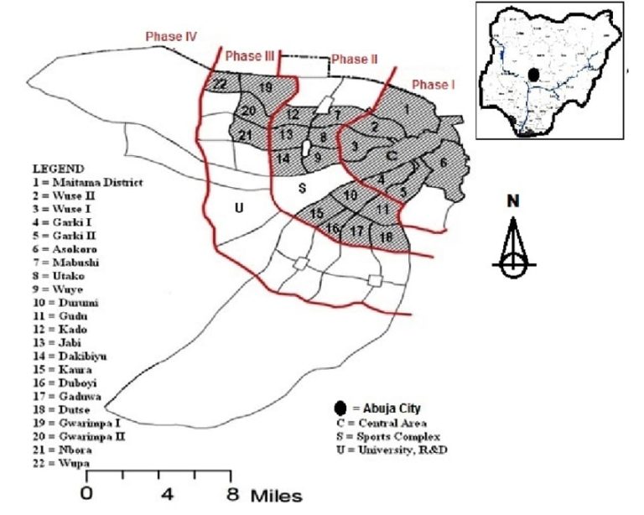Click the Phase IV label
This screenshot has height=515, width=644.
pos(171,37)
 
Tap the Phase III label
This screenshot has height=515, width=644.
pos(250,56)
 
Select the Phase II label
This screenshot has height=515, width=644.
pos(350,60)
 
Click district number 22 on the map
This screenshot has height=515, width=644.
pos(220,85)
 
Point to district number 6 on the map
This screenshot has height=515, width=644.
pos(444,162)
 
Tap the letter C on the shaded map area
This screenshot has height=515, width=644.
pos(390,155)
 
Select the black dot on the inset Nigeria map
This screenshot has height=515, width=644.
pos(533,74)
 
